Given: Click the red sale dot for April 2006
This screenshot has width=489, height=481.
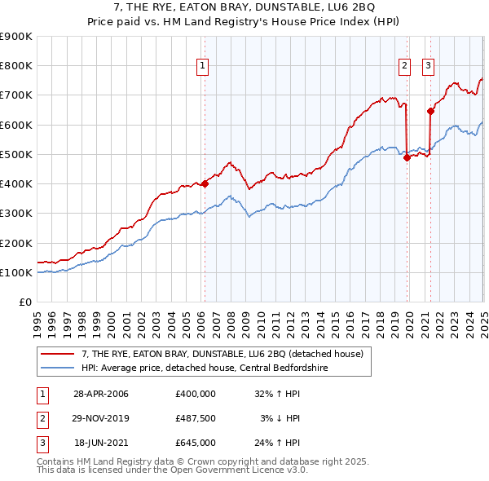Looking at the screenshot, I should point(205,183).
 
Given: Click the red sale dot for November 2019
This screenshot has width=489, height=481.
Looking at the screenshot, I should point(407,158).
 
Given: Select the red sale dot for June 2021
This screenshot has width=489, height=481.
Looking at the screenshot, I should point(430,112).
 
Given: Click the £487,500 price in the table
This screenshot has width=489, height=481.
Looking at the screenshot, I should point(195,418).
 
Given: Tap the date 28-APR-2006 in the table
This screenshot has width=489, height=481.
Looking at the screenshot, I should point(101,394).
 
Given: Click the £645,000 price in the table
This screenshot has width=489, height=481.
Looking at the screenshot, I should point(195,443).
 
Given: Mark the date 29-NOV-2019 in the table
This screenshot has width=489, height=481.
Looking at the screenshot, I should point(101,418).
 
